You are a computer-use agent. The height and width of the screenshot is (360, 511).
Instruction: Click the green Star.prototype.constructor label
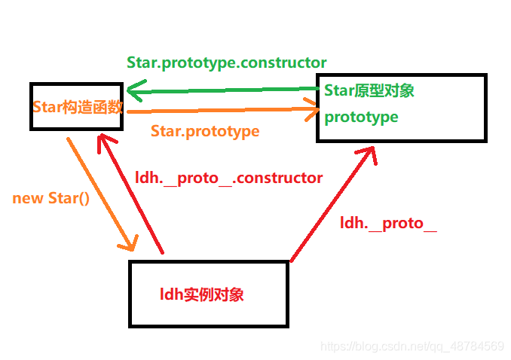(226, 63)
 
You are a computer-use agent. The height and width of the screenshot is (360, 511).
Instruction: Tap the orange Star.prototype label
(204, 131)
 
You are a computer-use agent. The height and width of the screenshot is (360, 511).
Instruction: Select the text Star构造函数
(77, 106)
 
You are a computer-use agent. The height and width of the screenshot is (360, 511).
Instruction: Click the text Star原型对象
(369, 90)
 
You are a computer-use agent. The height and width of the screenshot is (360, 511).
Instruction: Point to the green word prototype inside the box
(361, 117)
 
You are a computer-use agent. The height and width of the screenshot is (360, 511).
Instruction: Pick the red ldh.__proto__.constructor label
(228, 178)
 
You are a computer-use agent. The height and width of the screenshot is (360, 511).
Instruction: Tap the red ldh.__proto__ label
(388, 223)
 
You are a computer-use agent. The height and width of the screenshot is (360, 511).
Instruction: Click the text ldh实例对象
(201, 294)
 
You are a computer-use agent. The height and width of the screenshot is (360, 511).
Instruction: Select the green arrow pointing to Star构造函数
(226, 90)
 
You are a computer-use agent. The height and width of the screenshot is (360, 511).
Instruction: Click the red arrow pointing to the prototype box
(332, 203)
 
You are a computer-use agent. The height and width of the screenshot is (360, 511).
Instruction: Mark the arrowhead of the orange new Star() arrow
(130, 243)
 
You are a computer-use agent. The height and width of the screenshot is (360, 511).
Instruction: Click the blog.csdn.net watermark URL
(412, 346)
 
